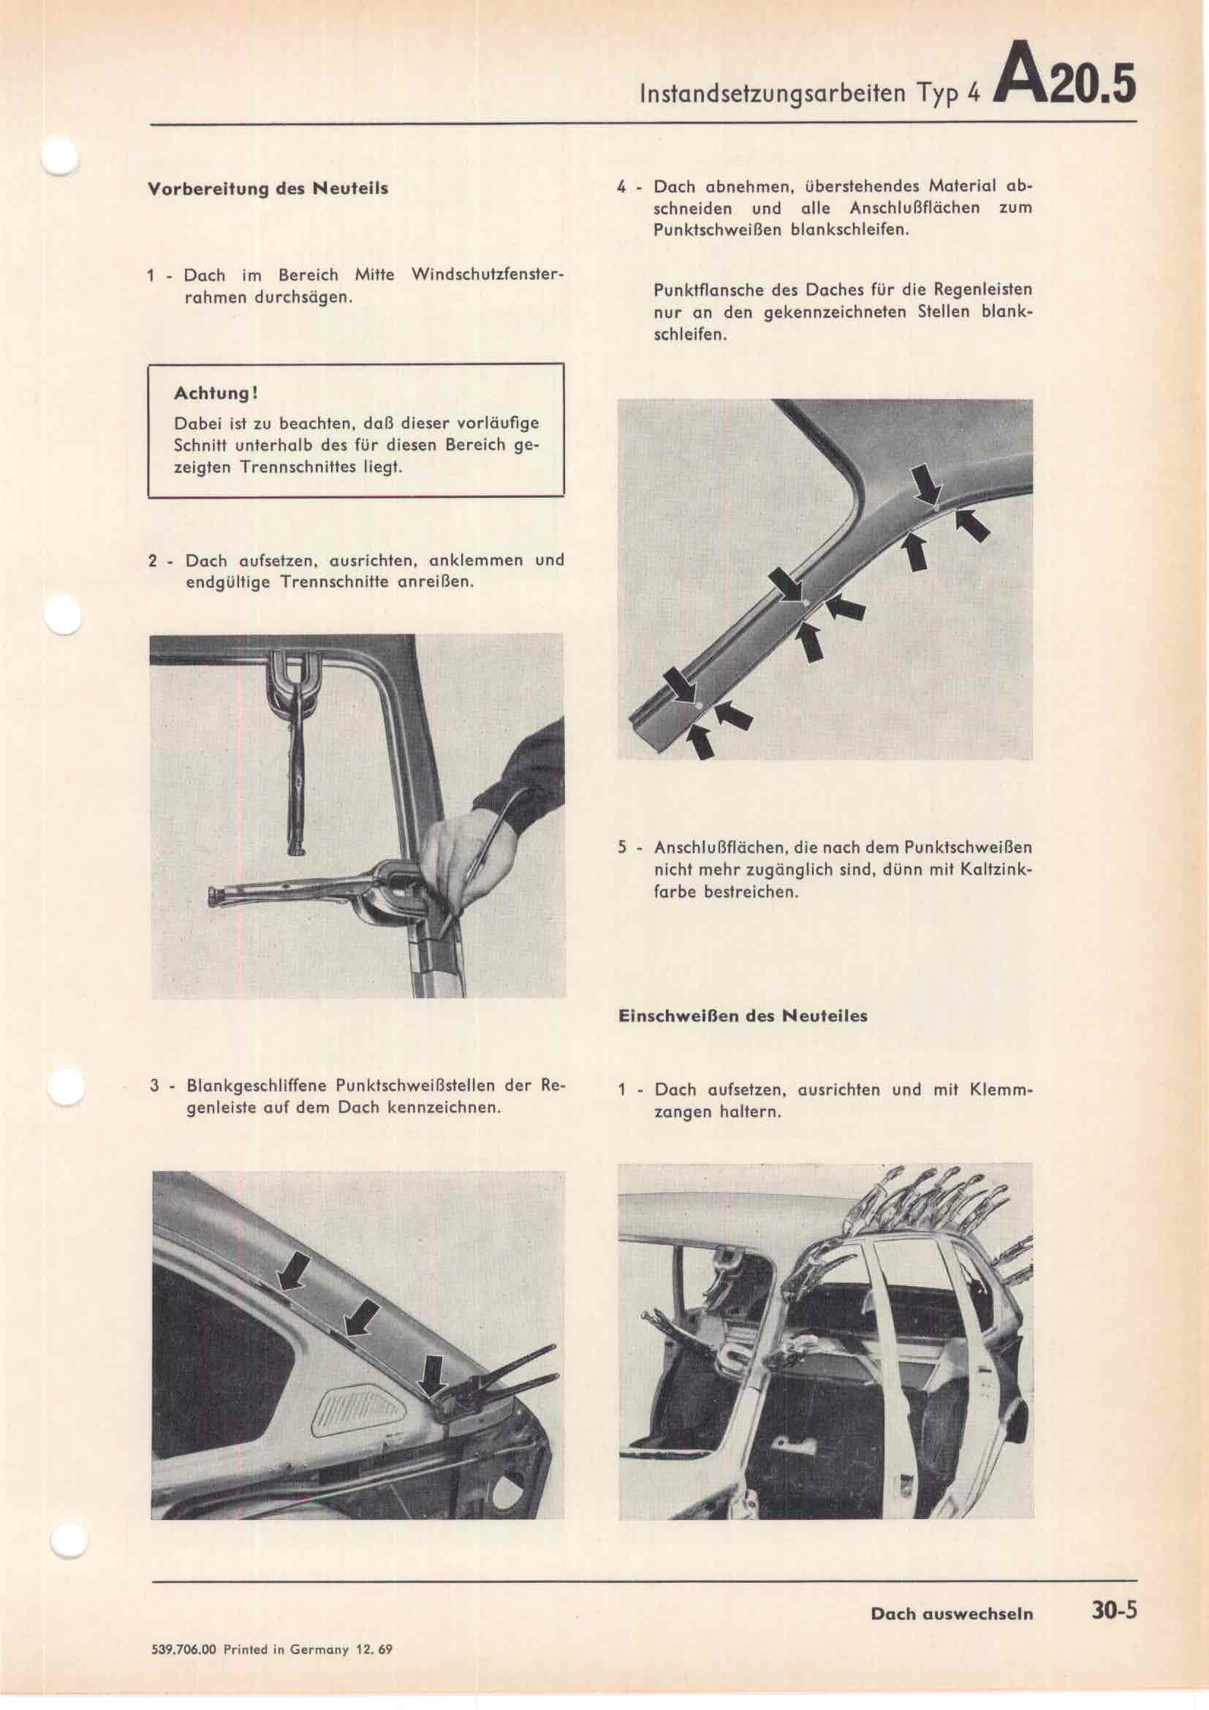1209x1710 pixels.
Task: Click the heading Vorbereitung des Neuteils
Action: pyautogui.click(x=268, y=188)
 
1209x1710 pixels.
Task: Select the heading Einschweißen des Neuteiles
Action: pyautogui.click(x=742, y=1016)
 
